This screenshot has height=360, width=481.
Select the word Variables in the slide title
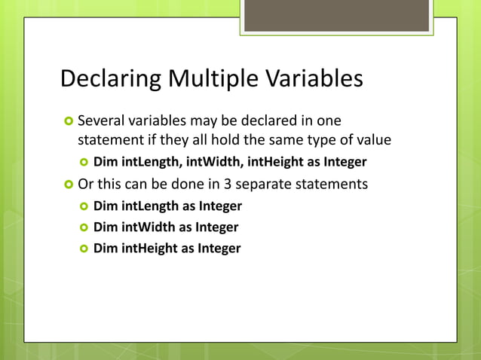click(x=317, y=79)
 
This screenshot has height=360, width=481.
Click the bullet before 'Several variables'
click(x=68, y=121)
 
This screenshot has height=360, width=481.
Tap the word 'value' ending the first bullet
click(x=374, y=139)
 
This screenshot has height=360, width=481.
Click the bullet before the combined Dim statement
click(x=84, y=162)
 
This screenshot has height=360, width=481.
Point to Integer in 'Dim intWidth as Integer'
click(x=217, y=227)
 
